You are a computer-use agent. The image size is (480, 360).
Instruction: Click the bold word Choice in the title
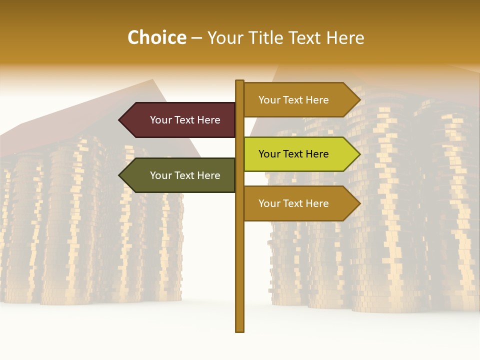156,37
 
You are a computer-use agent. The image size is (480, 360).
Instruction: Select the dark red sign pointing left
180,120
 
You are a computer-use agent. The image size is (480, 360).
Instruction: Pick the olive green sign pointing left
180,175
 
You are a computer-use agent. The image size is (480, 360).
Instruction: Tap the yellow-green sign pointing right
297,154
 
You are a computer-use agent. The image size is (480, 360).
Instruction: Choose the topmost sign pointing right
297,100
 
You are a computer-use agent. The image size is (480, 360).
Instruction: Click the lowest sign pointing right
297,203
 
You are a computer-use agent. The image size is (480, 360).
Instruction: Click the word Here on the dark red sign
208,120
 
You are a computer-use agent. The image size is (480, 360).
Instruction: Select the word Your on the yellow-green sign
269,154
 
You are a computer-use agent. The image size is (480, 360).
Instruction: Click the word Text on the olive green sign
184,175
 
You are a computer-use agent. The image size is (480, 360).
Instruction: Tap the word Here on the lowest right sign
316,203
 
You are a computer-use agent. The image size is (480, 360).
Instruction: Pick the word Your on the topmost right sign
269,100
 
